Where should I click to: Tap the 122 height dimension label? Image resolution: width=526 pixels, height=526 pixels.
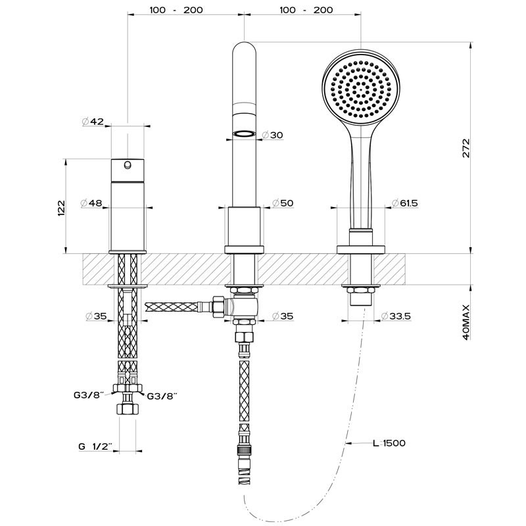pos(61,207)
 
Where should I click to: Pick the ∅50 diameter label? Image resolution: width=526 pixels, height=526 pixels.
pos(281,203)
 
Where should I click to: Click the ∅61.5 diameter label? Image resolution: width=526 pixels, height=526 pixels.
pos(405,203)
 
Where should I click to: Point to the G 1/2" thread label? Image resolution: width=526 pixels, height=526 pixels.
pos(95,446)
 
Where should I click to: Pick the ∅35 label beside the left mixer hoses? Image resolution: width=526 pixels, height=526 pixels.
pos(96,316)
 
